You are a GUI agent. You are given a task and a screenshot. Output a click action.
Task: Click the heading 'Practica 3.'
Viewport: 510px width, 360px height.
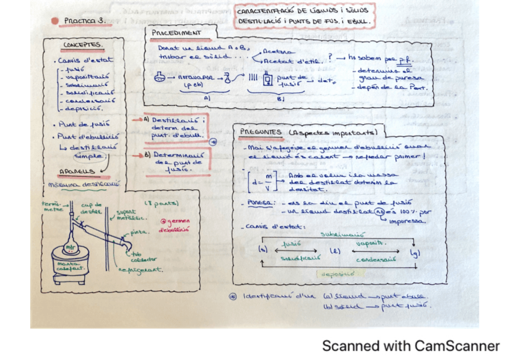click(x=84, y=21)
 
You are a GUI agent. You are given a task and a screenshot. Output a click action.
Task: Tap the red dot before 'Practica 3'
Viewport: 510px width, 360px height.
click(x=55, y=21)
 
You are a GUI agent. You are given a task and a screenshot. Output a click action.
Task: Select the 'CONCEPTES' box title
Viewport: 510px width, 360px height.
click(x=83, y=45)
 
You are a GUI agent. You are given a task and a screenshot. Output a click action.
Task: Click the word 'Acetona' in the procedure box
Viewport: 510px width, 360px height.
click(x=277, y=52)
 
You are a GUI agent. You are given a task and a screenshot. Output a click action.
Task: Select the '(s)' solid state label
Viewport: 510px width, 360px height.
click(x=262, y=249)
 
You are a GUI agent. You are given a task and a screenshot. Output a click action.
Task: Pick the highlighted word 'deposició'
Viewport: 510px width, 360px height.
click(x=337, y=272)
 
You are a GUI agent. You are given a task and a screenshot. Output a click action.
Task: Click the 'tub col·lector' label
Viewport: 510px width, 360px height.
click(x=144, y=257)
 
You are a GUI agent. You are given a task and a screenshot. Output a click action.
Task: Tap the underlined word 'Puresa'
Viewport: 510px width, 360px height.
click(x=257, y=203)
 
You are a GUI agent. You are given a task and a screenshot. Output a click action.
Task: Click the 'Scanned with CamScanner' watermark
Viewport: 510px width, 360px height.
click(x=410, y=346)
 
